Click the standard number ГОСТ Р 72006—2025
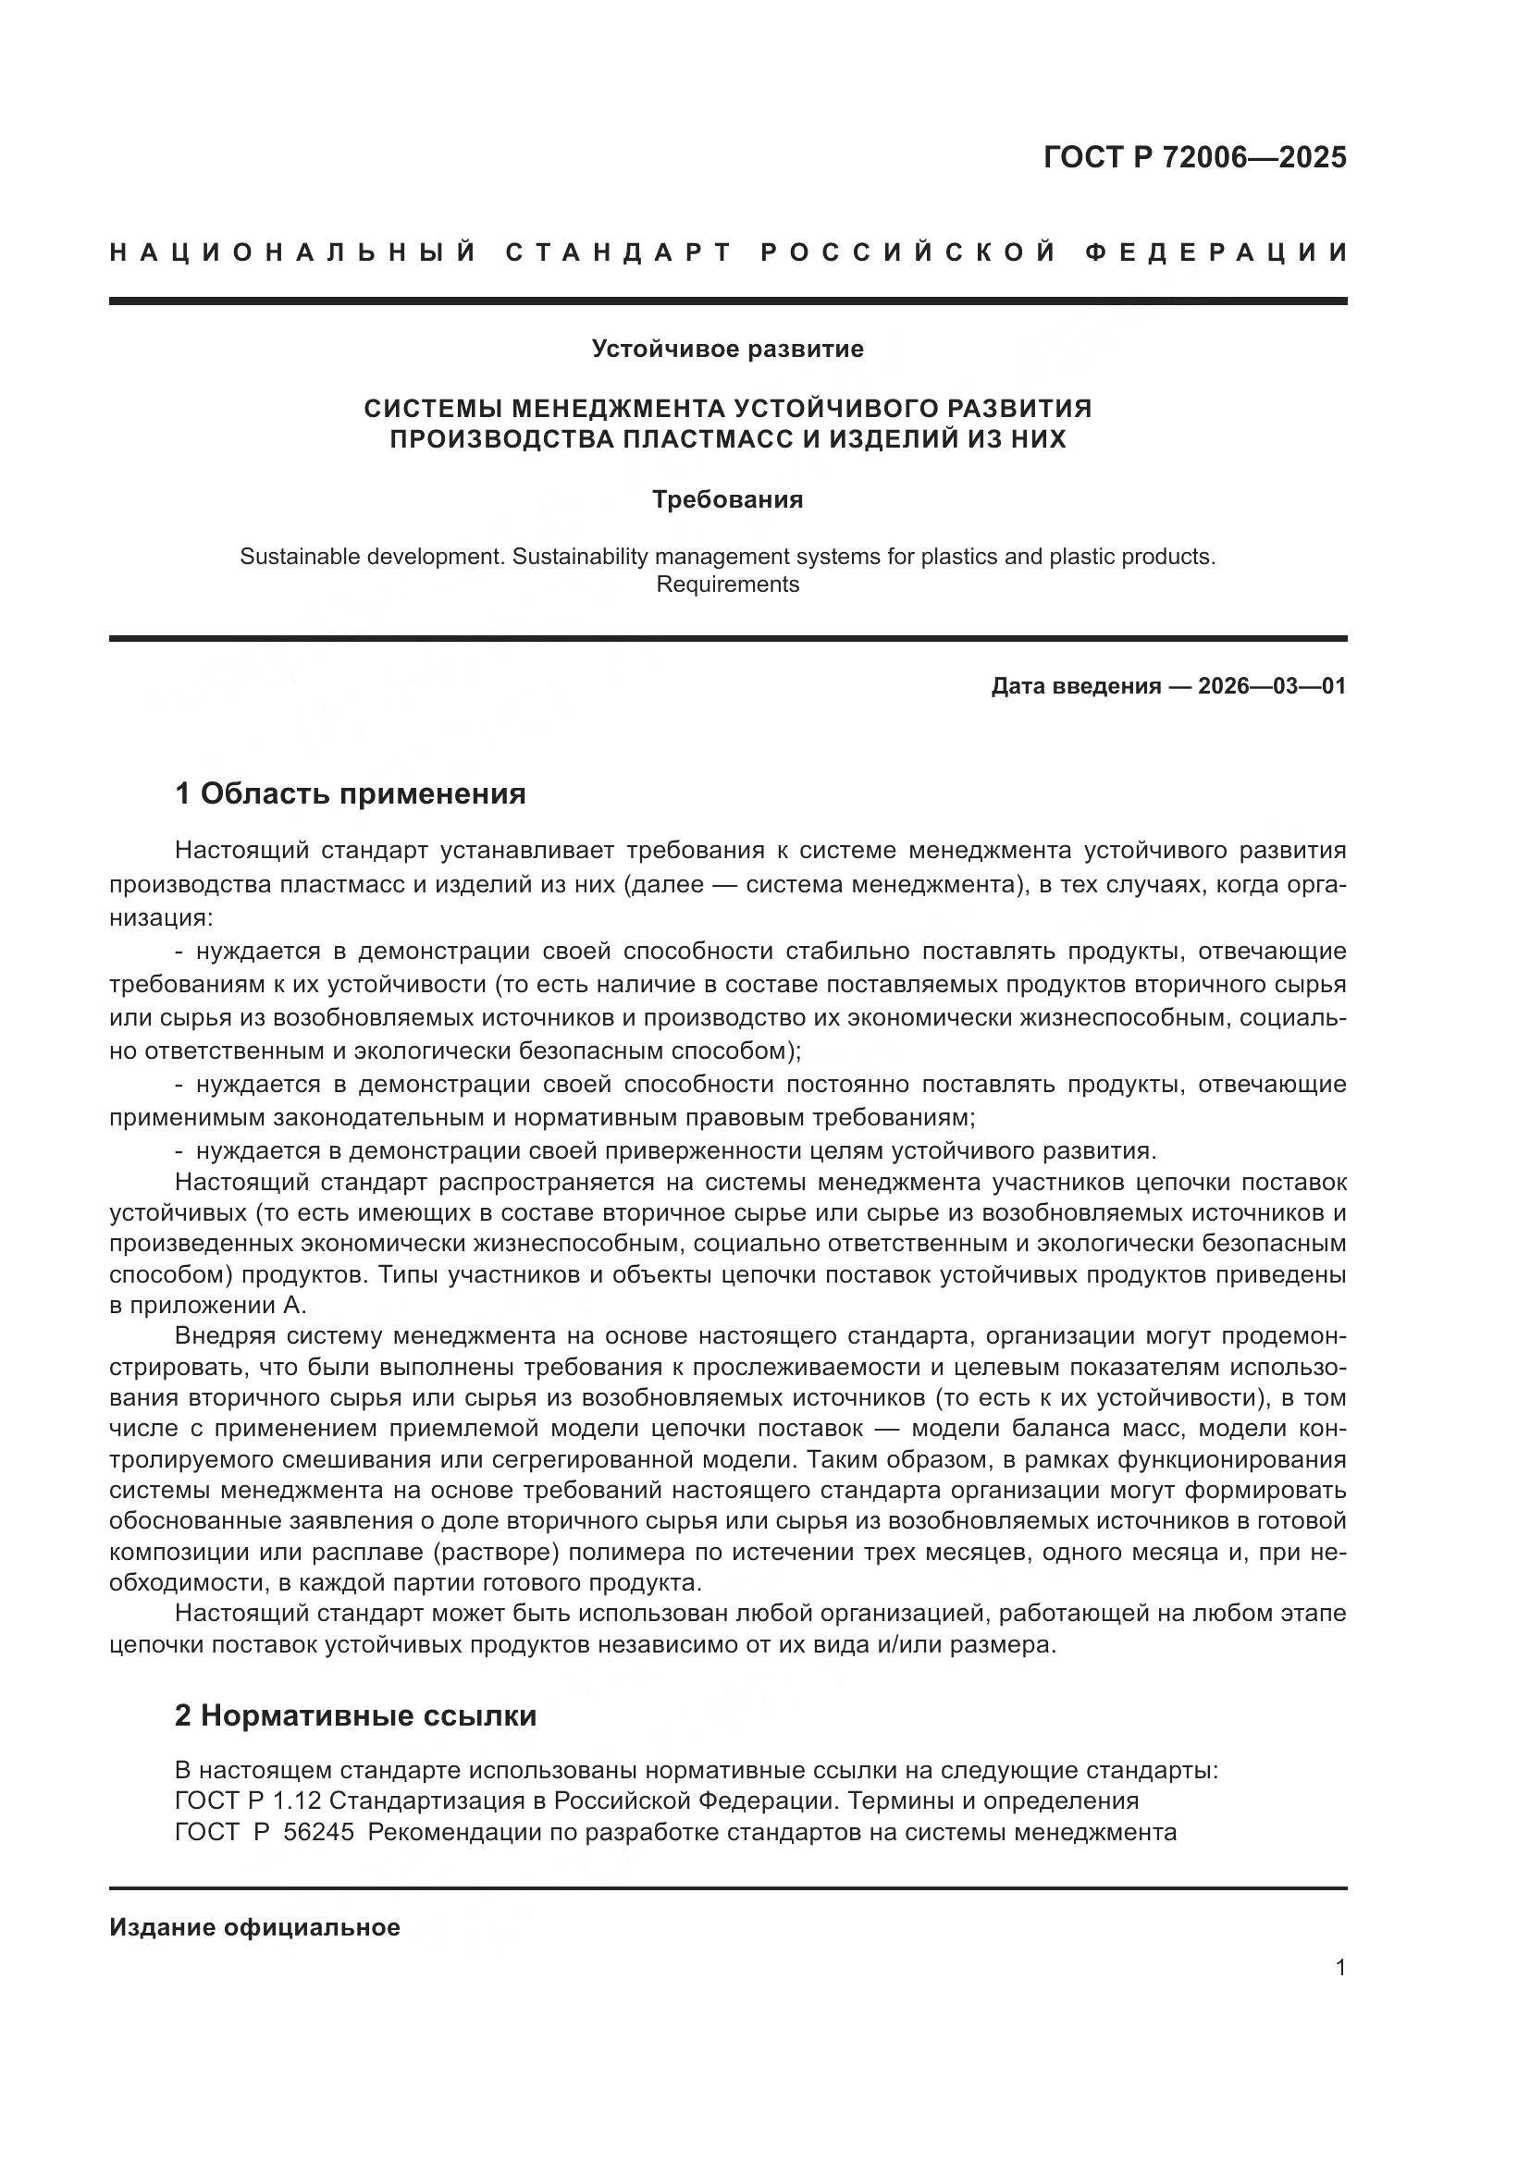[x=1194, y=157]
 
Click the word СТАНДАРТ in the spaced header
[x=619, y=252]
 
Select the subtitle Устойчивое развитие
[x=727, y=350]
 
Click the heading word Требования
[x=727, y=499]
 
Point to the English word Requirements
[x=727, y=584]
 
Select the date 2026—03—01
[x=1272, y=686]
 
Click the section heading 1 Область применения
[x=350, y=794]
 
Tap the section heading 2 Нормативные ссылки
[x=355, y=1715]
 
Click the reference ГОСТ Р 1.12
[x=248, y=1800]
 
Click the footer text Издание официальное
[x=254, y=1927]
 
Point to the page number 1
[x=1340, y=1967]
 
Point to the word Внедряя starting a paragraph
[x=224, y=1336]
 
